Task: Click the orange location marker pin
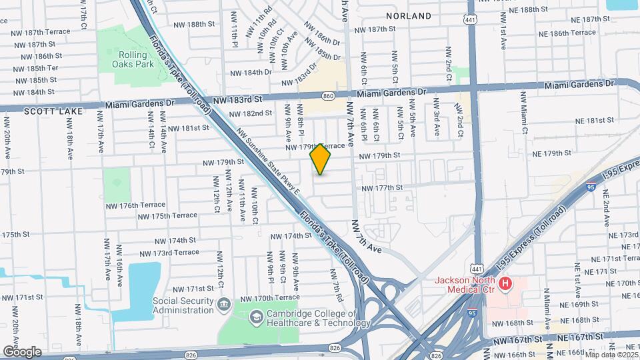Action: coord(321,159)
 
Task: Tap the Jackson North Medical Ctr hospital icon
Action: coord(505,284)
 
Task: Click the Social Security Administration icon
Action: coord(224,305)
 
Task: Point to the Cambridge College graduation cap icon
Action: coord(256,317)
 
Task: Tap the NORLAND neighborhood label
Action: coord(409,15)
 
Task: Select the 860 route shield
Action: coord(328,96)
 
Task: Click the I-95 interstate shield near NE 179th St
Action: coord(591,187)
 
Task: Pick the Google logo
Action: coord(23,351)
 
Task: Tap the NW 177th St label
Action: coord(382,188)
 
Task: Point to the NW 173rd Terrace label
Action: coord(169,253)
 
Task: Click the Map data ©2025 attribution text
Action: coord(609,354)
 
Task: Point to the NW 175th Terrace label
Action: coord(167,215)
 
